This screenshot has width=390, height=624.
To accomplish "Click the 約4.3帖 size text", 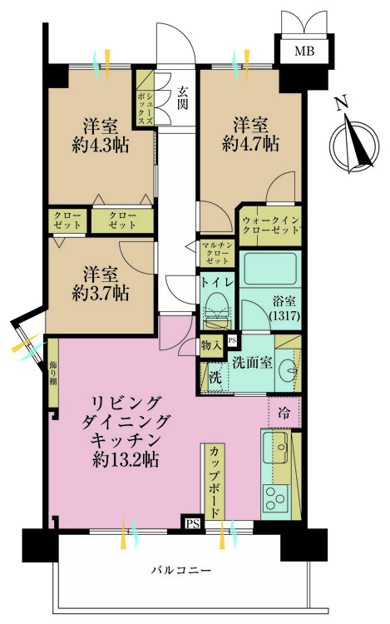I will point(99,147).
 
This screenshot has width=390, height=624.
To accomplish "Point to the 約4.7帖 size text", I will point(250,144).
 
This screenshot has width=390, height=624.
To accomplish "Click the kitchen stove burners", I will point(274,497).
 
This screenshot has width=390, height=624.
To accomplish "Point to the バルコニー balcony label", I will point(180,571).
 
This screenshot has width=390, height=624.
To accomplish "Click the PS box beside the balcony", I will point(192,522).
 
